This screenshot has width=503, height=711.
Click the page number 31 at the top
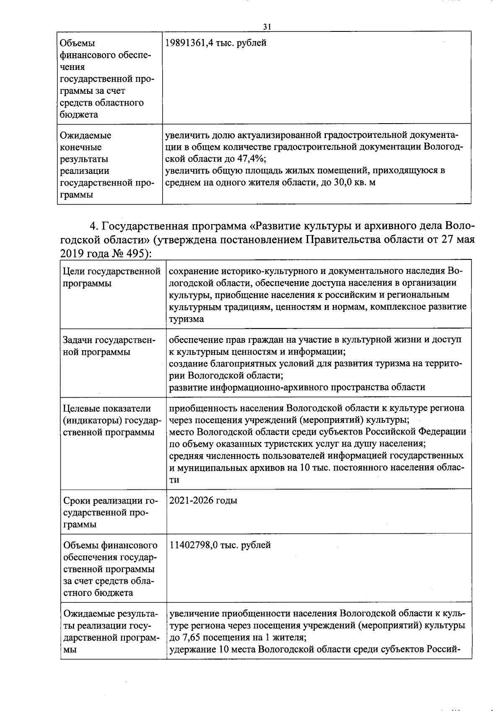[267, 26]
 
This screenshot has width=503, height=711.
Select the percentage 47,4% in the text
[253, 159]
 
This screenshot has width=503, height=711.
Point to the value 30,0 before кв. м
[340, 183]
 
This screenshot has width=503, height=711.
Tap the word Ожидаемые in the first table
[86, 136]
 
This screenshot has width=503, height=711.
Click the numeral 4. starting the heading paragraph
[94, 227]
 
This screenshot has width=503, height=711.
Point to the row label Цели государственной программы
[111, 277]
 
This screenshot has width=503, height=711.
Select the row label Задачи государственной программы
[109, 346]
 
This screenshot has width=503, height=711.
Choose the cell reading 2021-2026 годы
[203, 501]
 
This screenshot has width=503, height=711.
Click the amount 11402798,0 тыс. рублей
[220, 545]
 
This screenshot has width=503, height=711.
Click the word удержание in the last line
[192, 650]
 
